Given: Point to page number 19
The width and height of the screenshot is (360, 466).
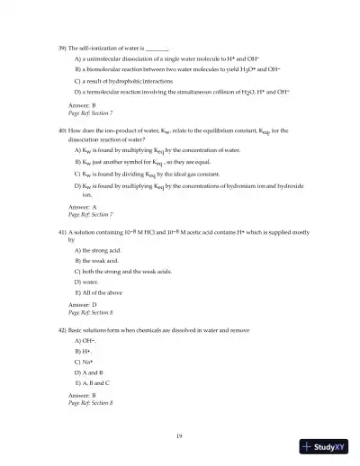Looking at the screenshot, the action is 180,435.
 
